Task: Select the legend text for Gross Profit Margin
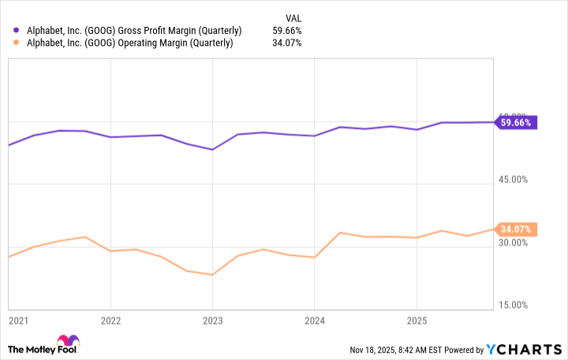pyautogui.click(x=135, y=30)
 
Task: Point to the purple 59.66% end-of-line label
pyautogui.click(x=517, y=122)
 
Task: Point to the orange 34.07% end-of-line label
pyautogui.click(x=517, y=230)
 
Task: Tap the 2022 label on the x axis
pyautogui.click(x=110, y=321)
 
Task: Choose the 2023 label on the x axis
pyautogui.click(x=212, y=321)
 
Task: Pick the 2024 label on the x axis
pyautogui.click(x=314, y=321)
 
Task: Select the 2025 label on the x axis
pyautogui.click(x=416, y=321)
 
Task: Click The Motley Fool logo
pyautogui.click(x=45, y=348)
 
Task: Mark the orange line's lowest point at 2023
pyautogui.click(x=212, y=275)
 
